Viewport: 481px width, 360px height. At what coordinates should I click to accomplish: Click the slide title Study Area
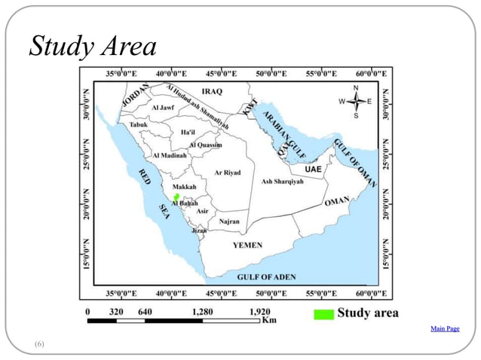92,47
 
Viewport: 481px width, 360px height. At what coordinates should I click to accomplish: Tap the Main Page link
444,328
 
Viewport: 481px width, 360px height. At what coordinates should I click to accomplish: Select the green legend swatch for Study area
323,313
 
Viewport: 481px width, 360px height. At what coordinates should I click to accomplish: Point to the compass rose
355,101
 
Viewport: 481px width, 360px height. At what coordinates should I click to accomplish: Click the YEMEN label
247,246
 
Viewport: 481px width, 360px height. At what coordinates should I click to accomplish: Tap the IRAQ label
212,91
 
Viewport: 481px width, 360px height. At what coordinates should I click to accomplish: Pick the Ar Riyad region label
228,172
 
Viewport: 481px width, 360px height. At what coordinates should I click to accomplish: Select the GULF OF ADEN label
263,277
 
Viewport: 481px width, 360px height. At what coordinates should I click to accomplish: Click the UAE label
313,169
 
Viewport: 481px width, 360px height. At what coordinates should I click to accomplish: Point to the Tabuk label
139,124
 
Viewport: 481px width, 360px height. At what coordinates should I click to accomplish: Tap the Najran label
229,222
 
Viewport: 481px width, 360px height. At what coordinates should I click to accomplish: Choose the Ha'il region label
188,133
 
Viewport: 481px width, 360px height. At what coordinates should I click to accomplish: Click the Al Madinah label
169,155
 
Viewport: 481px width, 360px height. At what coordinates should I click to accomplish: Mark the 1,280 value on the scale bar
202,311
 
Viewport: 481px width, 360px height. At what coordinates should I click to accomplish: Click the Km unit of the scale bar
268,320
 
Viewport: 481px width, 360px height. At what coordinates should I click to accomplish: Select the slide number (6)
39,343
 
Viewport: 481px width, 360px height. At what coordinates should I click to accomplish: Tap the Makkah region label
184,186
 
